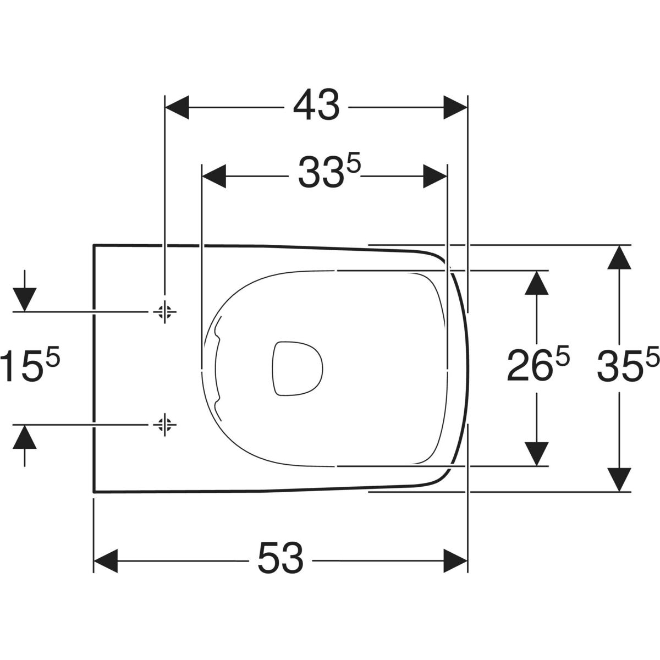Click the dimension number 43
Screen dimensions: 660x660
[316, 106]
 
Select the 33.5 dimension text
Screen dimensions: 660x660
[330, 172]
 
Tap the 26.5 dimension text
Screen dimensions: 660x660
[538, 365]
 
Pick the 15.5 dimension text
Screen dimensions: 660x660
[30, 364]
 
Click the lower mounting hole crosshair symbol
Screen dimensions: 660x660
[165, 425]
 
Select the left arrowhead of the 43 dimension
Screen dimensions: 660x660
[177, 107]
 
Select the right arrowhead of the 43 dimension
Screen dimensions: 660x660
[455, 107]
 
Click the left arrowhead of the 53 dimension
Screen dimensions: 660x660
[106, 560]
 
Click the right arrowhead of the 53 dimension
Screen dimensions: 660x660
[455, 560]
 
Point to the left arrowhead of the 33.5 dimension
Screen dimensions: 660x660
[215, 176]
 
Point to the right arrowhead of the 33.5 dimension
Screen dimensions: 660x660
[435, 176]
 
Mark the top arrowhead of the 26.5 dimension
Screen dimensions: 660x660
[537, 283]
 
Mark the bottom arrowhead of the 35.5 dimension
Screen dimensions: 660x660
[619, 480]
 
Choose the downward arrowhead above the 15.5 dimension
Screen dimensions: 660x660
[25, 300]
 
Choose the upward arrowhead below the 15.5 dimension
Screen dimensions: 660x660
[25, 437]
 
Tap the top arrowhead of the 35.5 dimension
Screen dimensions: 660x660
[619, 257]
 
